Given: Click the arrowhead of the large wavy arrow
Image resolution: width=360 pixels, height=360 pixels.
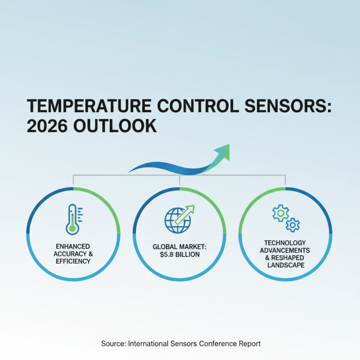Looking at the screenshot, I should tap(223, 152).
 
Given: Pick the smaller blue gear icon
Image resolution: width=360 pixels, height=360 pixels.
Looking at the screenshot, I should tap(293, 224).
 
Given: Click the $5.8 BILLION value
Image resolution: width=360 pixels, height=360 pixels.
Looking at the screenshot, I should tap(180, 255).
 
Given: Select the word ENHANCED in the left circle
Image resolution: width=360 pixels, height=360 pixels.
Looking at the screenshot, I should tap(73, 247).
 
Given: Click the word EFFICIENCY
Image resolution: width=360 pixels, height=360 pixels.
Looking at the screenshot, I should tap(73, 261).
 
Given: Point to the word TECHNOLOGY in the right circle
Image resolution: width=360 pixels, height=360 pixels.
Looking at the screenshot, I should tap(285, 243).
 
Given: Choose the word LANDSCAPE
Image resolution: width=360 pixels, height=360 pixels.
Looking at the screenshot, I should tap(285, 265).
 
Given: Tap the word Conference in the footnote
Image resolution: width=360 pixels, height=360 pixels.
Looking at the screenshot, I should tap(218, 343).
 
